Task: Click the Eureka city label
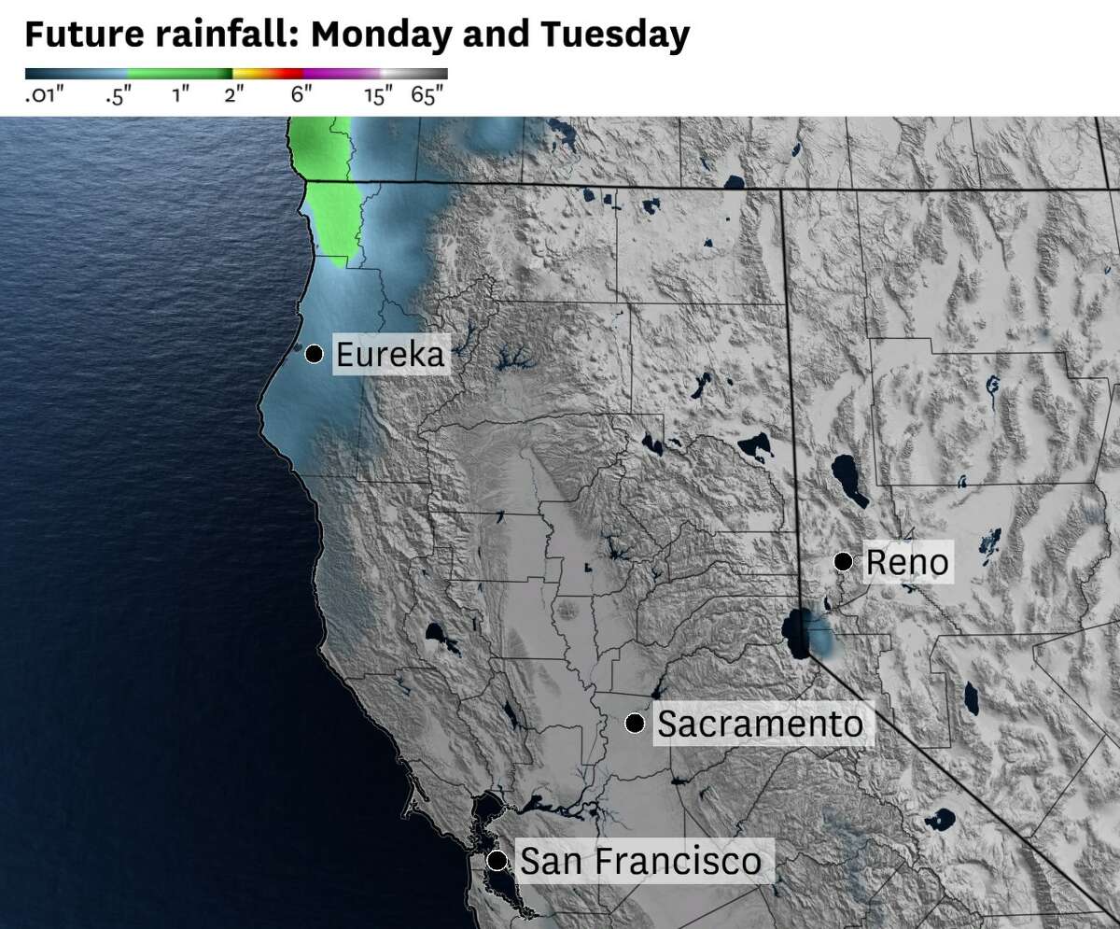(389, 355)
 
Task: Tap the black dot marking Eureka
(315, 354)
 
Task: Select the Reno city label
(907, 562)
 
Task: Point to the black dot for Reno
(843, 561)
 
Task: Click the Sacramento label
(760, 724)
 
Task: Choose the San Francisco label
(639, 860)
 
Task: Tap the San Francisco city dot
(497, 859)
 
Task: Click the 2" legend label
(233, 95)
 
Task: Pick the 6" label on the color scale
(301, 95)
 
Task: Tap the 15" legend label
(378, 95)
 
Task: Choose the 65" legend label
(428, 95)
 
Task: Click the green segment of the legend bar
(179, 73)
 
